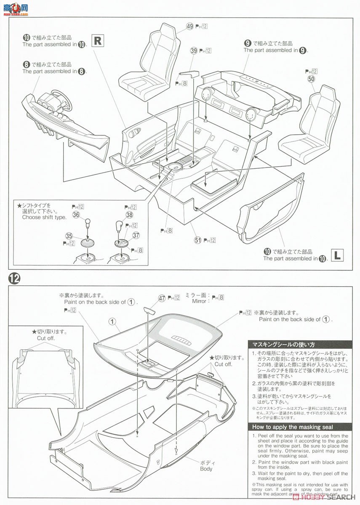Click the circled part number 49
(189, 26)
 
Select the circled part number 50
(311, 79)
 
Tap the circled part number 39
(194, 50)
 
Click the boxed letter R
(97, 40)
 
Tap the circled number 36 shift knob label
(76, 214)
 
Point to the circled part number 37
(136, 235)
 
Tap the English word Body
(206, 468)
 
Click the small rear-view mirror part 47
(150, 310)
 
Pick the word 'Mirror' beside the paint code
(199, 301)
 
